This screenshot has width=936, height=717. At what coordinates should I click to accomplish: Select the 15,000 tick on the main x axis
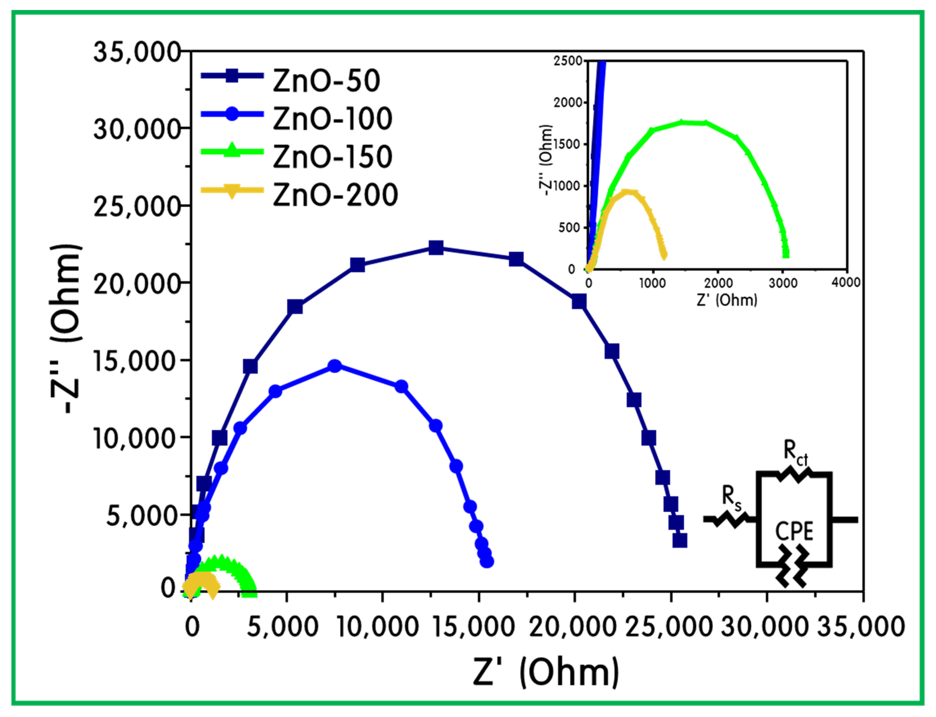[474, 627]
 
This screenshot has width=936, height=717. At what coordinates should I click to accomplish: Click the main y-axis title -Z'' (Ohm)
[66, 329]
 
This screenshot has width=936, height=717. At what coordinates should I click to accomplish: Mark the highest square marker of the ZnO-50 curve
[436, 248]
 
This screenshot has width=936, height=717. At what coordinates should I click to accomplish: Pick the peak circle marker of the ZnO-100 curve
[335, 366]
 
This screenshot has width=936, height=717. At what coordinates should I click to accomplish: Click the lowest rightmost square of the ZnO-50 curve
[679, 540]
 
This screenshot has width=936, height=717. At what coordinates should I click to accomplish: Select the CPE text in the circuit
[794, 532]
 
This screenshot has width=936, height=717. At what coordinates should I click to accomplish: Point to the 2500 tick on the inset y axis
[568, 61]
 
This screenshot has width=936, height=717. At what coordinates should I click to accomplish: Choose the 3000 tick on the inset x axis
[783, 283]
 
